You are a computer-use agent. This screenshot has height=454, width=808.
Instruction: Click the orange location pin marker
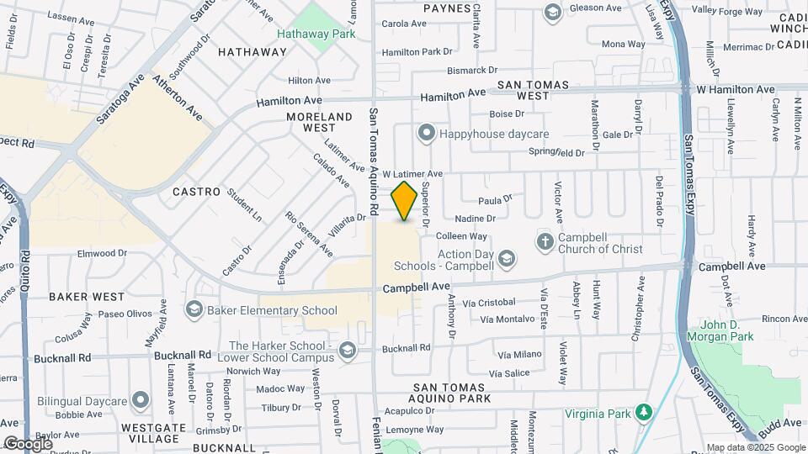tap(405, 201)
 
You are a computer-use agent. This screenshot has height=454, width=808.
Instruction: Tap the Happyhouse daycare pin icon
tap(427, 134)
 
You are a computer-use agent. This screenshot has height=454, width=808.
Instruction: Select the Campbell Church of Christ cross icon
tap(545, 241)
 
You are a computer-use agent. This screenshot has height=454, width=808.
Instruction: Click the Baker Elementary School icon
tap(194, 310)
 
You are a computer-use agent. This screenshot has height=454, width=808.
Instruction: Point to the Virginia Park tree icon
tap(644, 413)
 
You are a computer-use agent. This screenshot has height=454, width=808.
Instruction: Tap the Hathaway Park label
tap(316, 34)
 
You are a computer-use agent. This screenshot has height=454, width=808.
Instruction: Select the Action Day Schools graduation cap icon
tap(507, 258)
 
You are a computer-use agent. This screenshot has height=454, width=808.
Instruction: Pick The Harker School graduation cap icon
tap(347, 351)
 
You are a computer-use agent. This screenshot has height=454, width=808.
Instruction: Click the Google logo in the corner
tap(28, 443)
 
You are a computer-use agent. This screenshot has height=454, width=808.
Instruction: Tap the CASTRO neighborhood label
tap(196, 192)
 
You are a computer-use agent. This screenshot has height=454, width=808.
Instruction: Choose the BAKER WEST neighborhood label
tap(87, 297)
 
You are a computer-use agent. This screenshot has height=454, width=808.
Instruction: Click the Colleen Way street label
tap(461, 236)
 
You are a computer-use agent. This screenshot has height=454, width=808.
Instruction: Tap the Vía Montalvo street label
tap(507, 319)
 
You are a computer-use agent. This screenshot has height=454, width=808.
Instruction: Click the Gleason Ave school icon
tap(552, 12)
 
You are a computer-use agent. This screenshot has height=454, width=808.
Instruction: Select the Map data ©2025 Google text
tap(755, 447)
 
